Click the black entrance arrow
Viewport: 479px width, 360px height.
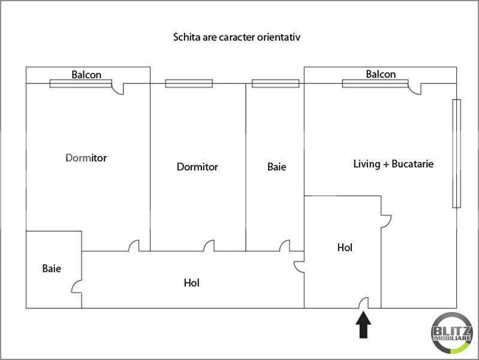point(363,325)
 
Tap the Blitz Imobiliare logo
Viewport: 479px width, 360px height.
point(452,333)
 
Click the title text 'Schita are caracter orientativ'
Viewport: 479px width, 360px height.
point(236,37)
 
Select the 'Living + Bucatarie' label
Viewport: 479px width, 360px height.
point(393,164)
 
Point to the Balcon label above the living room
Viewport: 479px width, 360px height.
point(381,74)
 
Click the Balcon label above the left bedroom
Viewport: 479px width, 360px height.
point(86,74)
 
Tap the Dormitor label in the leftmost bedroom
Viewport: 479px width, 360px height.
point(86,158)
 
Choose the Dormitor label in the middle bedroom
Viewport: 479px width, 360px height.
point(197,167)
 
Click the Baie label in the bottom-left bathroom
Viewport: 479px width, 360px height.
point(52,269)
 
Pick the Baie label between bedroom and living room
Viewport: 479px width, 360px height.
point(277,167)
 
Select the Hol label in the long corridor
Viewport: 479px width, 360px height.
point(191,283)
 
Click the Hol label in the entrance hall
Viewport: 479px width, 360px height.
point(345,247)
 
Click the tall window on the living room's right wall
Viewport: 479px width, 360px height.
point(456,154)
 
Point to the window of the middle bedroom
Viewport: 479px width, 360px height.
point(189,83)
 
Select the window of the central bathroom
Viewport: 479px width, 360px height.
point(276,83)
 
